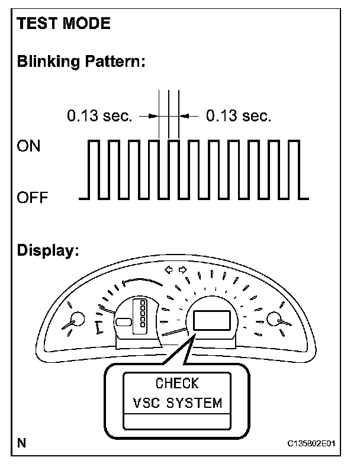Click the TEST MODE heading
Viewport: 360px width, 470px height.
64,24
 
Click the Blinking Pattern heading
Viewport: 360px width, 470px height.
81,61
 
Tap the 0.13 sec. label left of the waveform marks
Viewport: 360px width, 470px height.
99,116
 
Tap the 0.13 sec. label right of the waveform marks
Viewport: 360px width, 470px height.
239,116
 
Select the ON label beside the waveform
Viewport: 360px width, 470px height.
29,146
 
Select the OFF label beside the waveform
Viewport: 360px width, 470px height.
33,198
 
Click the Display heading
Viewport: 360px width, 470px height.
48,250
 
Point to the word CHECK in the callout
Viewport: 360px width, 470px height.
177,383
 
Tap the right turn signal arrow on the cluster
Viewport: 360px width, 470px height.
182,270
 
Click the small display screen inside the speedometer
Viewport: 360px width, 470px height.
210,320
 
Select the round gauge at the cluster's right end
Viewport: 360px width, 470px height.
275,320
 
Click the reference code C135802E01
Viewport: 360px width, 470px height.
314,443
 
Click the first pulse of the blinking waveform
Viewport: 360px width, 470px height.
93,169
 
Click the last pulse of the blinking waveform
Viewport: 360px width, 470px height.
291,169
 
